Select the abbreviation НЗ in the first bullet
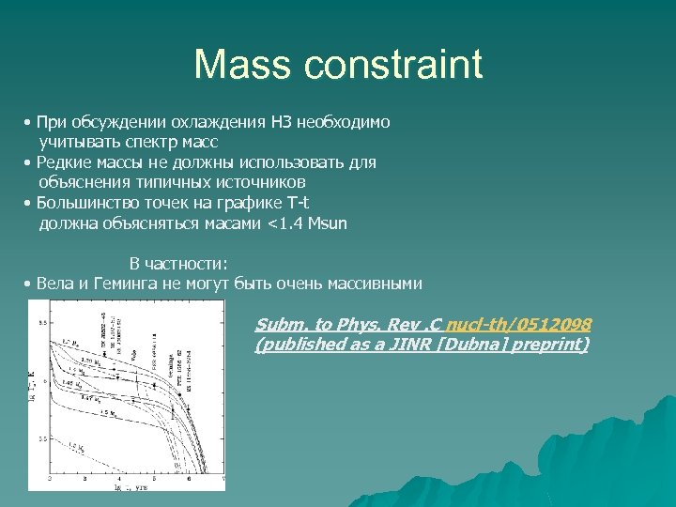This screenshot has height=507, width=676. [x=279, y=122]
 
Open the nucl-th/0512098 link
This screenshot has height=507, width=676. [x=518, y=325]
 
